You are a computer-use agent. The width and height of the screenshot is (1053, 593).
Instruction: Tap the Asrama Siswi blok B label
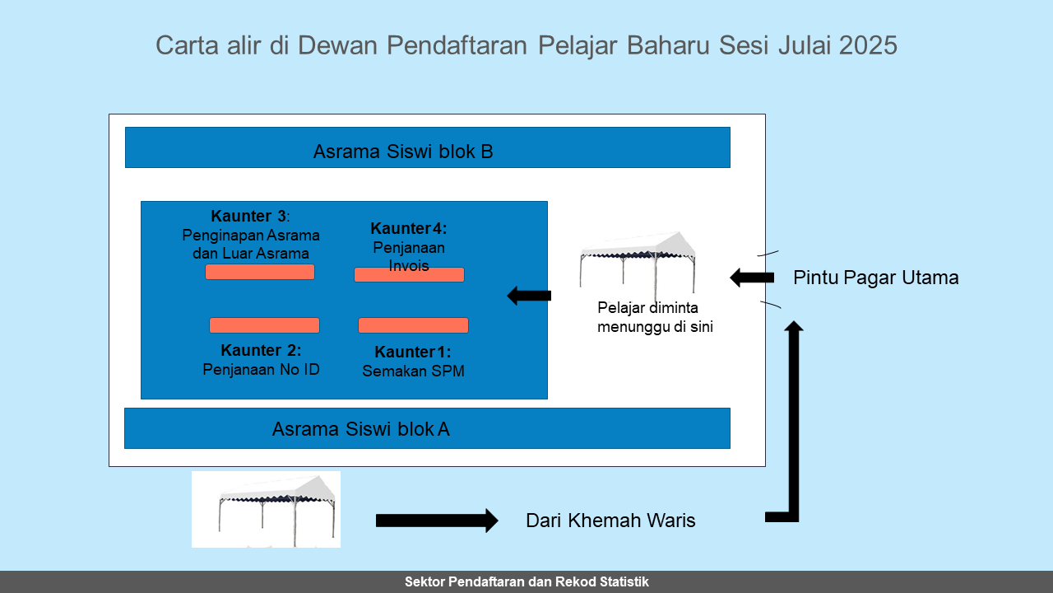pos(403,152)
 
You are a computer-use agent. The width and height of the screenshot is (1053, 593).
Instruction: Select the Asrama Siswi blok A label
pos(360,429)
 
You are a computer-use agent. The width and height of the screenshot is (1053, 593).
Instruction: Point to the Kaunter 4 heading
pos(409,228)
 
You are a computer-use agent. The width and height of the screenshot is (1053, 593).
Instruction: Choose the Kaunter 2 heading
pos(261,350)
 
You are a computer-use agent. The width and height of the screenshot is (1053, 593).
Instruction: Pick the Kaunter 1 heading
pos(413,352)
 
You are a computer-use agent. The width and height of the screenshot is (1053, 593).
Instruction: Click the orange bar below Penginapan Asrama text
pos(260,272)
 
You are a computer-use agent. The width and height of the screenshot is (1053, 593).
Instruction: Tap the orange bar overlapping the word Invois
pos(409,275)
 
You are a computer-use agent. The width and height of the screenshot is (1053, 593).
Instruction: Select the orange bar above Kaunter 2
pos(264,325)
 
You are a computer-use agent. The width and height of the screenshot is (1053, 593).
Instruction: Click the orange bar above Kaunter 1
pos(413,325)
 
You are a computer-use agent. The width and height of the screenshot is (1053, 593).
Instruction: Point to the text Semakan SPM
pos(413,371)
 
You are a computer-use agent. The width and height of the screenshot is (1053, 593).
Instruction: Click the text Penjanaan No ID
pos(261,370)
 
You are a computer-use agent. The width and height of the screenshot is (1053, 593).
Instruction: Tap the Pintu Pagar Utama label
pos(876,278)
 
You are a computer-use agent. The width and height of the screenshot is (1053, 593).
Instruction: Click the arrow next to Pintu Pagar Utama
pos(752,278)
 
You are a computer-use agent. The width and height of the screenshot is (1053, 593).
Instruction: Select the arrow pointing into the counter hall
pos(529,296)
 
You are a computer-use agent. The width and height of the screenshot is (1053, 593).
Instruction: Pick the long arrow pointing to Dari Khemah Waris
pos(437,521)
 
